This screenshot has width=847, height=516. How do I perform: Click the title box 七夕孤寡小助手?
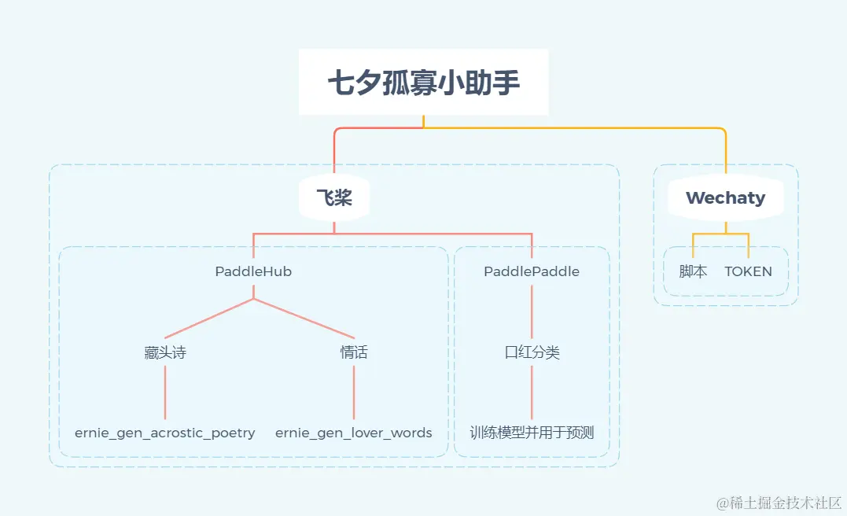tap(423, 82)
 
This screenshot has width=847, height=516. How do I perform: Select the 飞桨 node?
tap(334, 198)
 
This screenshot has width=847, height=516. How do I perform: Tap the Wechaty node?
tap(725, 198)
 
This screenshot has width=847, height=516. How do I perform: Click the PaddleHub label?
tap(253, 271)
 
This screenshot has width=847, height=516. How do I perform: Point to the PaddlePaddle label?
tap(532, 271)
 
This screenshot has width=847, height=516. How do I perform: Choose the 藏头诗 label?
tap(165, 352)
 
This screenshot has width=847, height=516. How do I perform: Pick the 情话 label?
tap(354, 352)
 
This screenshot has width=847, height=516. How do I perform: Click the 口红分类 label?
tap(532, 352)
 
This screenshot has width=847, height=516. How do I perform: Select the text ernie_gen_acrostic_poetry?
tap(165, 433)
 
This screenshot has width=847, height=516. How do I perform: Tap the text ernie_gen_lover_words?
tap(354, 433)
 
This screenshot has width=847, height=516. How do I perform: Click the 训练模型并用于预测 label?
tap(532, 433)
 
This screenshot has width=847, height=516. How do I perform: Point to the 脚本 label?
tap(693, 271)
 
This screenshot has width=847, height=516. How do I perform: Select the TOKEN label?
tap(748, 271)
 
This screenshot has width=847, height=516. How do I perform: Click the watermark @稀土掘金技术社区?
tap(778, 500)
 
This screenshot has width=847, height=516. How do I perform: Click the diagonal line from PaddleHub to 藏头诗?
tap(209, 319)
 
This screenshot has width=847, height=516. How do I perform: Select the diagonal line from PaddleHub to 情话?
tap(304, 319)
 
